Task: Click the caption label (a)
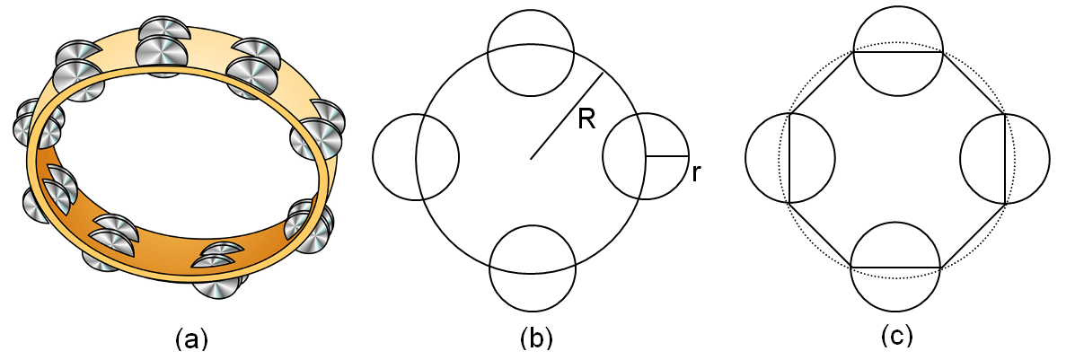click(x=191, y=338)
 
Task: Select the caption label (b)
click(x=536, y=338)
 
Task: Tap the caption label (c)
click(x=896, y=337)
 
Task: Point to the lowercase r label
click(x=696, y=172)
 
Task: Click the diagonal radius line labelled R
click(x=566, y=116)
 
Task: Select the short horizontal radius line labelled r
click(x=667, y=156)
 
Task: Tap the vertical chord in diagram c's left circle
click(x=791, y=158)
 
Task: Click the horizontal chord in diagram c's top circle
click(x=897, y=52)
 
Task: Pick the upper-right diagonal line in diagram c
click(x=974, y=83)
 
